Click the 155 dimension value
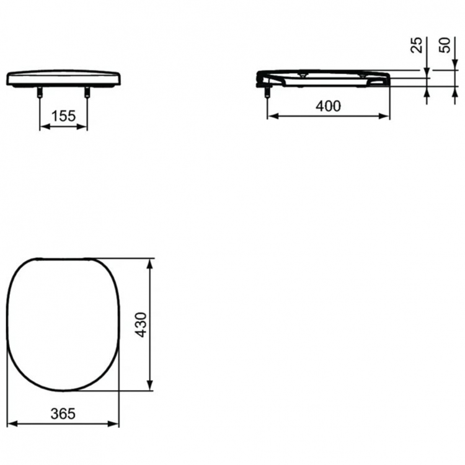64,115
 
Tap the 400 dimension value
328,106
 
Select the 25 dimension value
417,44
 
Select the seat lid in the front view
63,79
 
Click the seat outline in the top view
64,324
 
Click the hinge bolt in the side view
267,92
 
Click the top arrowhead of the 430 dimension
149,263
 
